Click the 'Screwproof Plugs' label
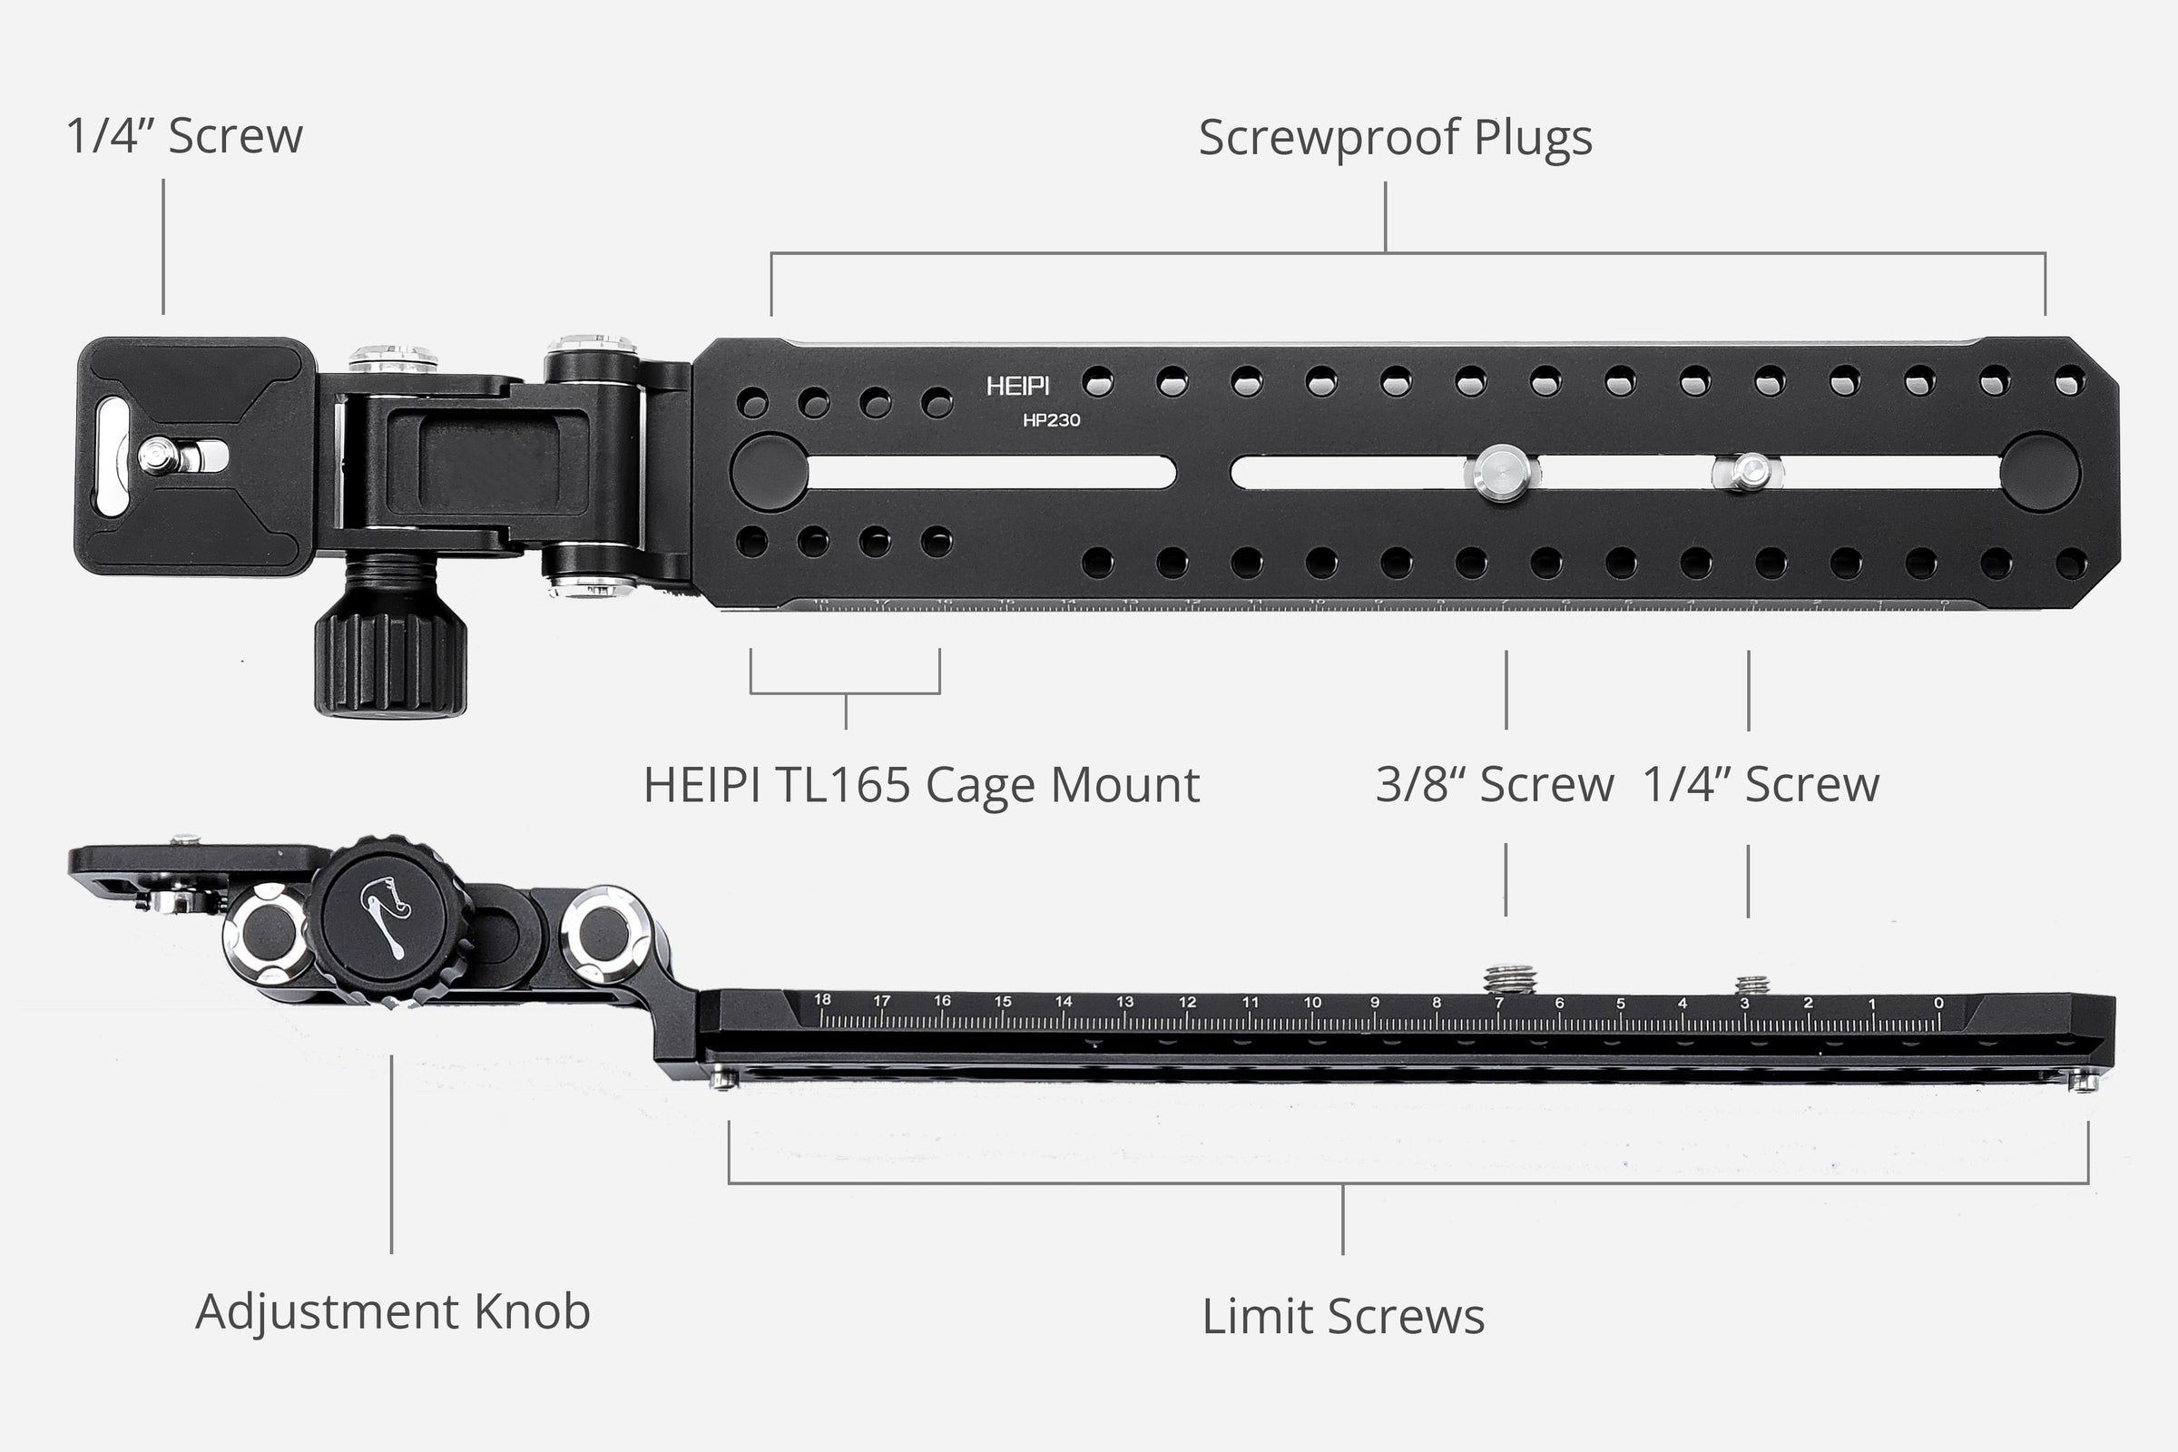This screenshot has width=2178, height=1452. pyautogui.click(x=1395, y=137)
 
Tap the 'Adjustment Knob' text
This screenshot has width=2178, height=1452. pyautogui.click(x=393, y=1311)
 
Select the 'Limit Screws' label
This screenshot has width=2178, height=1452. pyautogui.click(x=1343, y=1316)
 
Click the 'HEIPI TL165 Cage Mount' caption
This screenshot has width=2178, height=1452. pyautogui.click(x=921, y=784)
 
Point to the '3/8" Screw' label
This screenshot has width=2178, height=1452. pyautogui.click(x=1494, y=784)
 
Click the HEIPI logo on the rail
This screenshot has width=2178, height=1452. pyautogui.click(x=1016, y=387)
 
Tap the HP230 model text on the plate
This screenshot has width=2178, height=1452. pyautogui.click(x=1051, y=420)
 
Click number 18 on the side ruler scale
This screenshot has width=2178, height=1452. pyautogui.click(x=821, y=1000)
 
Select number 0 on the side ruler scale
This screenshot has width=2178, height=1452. pyautogui.click(x=1938, y=1003)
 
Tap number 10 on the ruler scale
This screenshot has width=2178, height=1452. pyautogui.click(x=1312, y=1002)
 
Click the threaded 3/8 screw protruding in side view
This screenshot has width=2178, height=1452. pyautogui.click(x=1509, y=980)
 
